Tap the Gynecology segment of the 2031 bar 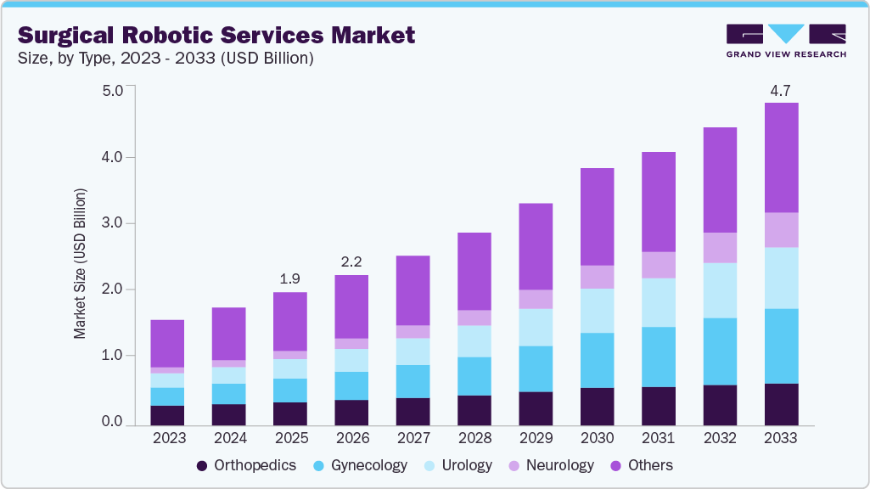pos(658,357)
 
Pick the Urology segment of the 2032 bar pos(720,290)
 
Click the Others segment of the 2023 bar pos(167,344)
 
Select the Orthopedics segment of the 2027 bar pos(413,411)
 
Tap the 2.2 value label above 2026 pos(351,261)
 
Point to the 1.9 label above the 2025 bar pos(289,278)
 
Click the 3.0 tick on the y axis pos(113,223)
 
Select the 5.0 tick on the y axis pos(113,91)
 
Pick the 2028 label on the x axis pos(474,438)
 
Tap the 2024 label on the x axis pos(228,438)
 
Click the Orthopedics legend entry pos(246,465)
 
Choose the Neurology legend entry pos(551,465)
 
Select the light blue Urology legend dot pos(430,466)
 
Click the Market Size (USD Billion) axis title pos(80,263)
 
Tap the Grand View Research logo pos(785,40)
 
